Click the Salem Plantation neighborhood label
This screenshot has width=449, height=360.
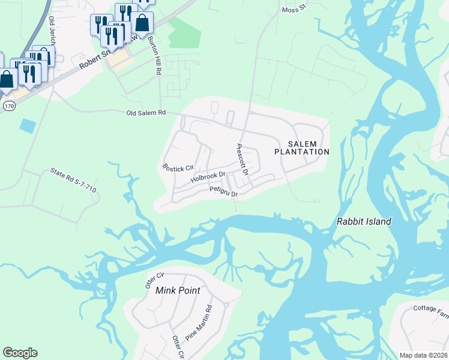click(x=302, y=148)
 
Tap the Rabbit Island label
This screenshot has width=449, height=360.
click(x=364, y=221)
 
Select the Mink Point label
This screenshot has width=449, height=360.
click(x=177, y=290)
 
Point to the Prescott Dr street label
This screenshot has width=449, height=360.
click(x=243, y=159)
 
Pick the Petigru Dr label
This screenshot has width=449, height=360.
click(x=224, y=192)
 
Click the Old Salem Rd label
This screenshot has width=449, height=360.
click(x=145, y=113)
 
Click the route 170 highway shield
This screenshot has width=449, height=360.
click(x=8, y=106)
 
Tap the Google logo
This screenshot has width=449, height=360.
click(x=20, y=353)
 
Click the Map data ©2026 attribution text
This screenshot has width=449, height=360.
click(x=424, y=355)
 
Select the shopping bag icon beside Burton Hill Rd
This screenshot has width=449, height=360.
click(x=142, y=23)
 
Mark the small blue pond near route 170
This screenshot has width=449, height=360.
click(x=27, y=125)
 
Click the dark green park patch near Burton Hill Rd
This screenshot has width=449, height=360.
click(x=184, y=32)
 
